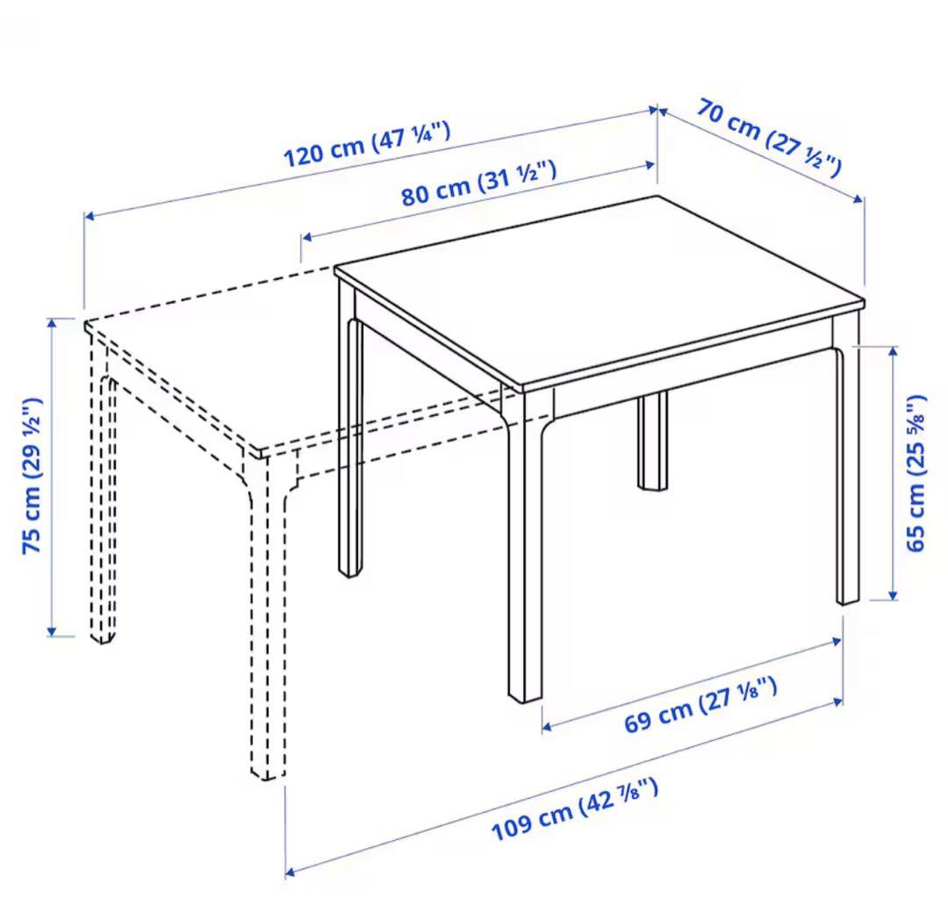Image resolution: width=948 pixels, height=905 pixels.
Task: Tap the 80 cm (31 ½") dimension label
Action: coord(478,183)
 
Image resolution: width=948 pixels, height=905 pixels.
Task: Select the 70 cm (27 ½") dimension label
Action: coord(770,138)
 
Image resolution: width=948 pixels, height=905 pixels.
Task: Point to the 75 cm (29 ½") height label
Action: coord(32,476)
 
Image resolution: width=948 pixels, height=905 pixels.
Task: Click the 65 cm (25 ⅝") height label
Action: coord(916,473)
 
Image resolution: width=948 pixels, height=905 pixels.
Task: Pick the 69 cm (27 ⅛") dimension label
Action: coord(700,705)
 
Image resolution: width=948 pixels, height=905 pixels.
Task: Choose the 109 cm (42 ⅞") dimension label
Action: coord(574,809)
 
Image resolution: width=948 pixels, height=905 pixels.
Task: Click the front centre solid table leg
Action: coord(525,544)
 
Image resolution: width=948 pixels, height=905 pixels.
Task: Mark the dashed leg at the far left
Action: coord(103,496)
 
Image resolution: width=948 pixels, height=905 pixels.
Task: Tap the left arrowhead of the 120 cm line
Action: coord(89,215)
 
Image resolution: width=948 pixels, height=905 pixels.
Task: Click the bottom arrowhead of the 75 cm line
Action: coord(52,631)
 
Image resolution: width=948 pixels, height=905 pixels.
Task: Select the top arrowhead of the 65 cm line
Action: coord(893,351)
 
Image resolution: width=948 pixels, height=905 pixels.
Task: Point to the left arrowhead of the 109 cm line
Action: coord(291,871)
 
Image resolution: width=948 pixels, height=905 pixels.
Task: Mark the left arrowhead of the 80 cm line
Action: coord(306,237)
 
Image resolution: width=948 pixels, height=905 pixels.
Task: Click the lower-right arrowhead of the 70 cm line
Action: coord(859,199)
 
